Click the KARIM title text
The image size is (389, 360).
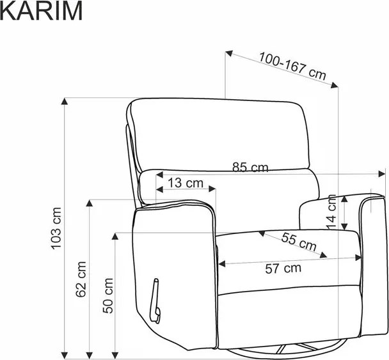pos(41,11)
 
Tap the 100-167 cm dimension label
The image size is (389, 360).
pos(292,66)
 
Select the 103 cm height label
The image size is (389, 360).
pos(56,228)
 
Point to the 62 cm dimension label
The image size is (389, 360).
pos(81,279)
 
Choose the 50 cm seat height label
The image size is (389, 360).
pos(107,296)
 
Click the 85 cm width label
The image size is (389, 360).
pos(250,168)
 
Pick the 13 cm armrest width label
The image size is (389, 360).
pos(186,183)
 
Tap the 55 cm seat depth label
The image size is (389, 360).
pos(299,242)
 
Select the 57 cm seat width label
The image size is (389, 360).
pos(283,269)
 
